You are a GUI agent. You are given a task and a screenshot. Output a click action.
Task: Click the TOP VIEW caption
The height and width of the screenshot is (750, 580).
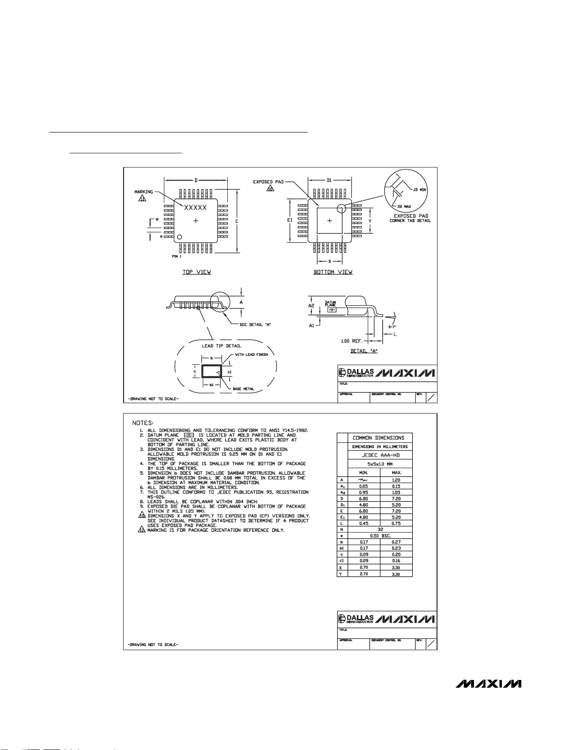(x=197, y=272)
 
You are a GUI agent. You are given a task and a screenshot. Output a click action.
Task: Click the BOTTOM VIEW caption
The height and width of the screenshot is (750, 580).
(x=333, y=272)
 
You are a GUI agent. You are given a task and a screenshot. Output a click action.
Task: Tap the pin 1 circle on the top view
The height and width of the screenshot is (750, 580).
(x=179, y=237)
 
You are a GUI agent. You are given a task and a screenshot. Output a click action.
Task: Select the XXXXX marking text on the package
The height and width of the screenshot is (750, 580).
(x=196, y=208)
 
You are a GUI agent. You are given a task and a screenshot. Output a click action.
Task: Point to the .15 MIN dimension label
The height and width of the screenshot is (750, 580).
(x=419, y=190)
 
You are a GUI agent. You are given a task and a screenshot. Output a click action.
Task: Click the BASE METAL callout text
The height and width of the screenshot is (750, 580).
(x=243, y=389)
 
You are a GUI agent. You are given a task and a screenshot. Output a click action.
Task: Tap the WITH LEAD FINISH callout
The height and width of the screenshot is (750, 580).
(x=251, y=354)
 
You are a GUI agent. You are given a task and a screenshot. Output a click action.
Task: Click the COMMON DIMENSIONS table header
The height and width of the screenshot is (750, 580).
(x=378, y=438)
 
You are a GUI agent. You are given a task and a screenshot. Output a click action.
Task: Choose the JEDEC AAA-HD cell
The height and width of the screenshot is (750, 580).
(x=379, y=455)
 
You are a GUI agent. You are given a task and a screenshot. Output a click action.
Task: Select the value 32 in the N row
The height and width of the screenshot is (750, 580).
(x=380, y=529)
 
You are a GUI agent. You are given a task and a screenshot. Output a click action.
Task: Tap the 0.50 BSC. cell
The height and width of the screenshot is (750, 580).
(x=380, y=536)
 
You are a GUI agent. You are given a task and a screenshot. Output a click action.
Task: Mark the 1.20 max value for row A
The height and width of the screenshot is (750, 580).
(x=396, y=480)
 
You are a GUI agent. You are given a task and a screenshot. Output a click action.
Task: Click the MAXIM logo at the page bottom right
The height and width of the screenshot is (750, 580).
(x=489, y=684)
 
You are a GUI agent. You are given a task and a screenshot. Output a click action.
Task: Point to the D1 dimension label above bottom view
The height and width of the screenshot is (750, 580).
(x=330, y=180)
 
